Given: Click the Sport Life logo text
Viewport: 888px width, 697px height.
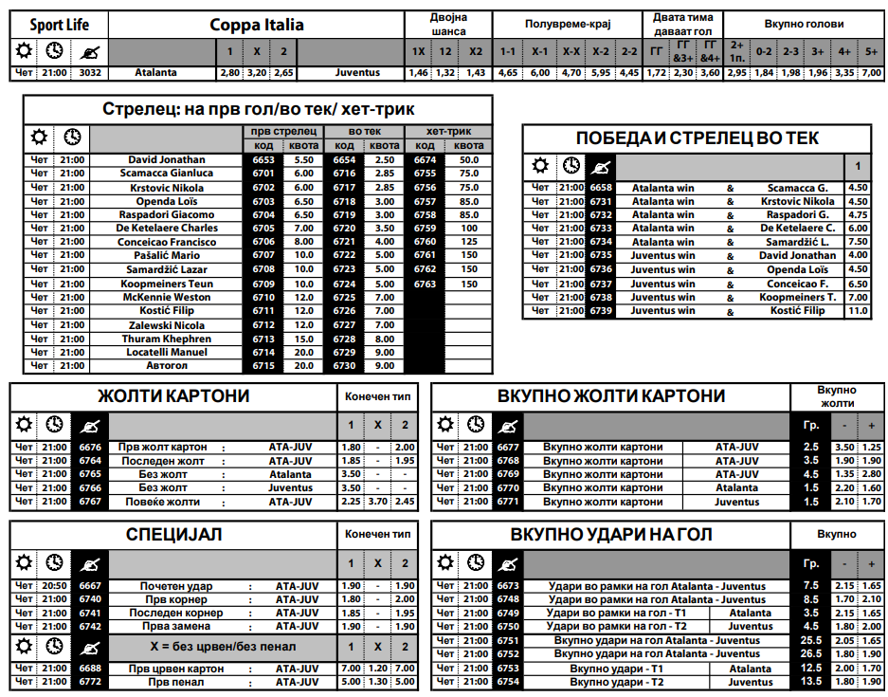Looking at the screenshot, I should tap(60, 25).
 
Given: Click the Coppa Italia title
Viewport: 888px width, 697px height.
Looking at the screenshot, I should tap(257, 25).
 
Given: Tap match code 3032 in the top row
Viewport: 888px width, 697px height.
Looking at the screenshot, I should tap(91, 72).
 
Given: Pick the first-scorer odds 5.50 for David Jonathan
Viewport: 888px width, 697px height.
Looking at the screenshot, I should tap(304, 160).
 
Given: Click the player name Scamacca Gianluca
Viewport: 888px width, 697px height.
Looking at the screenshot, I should tap(167, 174).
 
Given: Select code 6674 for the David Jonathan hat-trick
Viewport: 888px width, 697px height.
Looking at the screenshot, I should tap(426, 160).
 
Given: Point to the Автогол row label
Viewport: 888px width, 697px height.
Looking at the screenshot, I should tap(167, 366).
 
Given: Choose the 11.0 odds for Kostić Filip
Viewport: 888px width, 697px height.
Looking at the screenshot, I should tap(858, 311).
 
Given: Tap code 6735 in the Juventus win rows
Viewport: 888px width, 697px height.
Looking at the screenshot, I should tap(601, 256).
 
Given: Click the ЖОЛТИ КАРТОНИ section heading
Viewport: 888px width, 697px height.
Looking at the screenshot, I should tap(173, 395).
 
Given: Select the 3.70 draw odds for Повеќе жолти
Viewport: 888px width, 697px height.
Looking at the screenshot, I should tap(378, 502).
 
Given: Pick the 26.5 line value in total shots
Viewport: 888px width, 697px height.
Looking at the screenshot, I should tap(811, 653).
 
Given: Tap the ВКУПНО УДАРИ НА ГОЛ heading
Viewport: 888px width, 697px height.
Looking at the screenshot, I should tap(610, 536).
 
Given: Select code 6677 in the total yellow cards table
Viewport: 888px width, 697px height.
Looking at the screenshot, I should tap(508, 447).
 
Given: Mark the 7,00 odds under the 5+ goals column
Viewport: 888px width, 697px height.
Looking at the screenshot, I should tap(871, 72).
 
